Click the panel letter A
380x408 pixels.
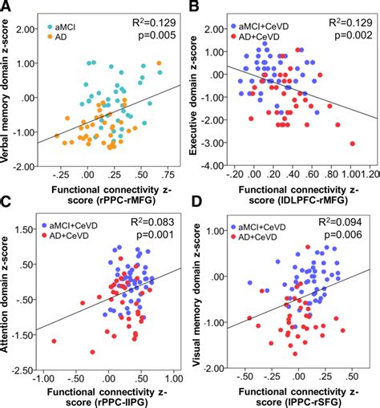[8, 8]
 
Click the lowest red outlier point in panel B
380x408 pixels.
[352, 143]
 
